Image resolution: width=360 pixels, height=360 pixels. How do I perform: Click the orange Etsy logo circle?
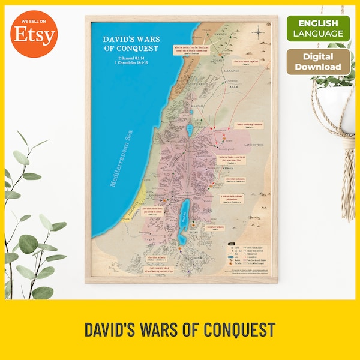(34, 34)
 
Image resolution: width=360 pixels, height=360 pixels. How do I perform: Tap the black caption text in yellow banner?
(179, 329)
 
